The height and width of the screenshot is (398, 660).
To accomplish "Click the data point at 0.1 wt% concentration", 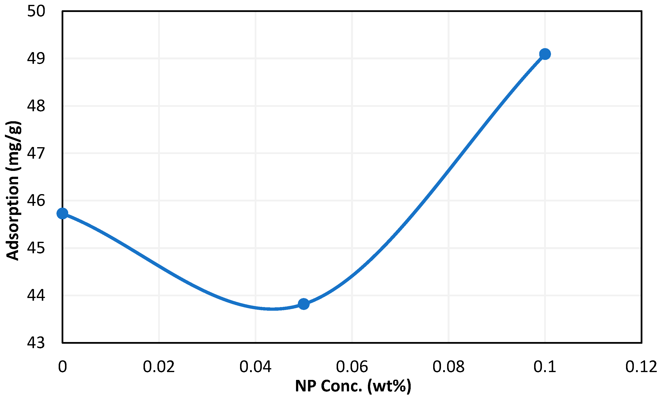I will coord(545,54).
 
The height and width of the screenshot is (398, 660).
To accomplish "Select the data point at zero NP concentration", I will coord(62,213).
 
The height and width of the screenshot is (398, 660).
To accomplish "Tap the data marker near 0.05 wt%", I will coord(304,304).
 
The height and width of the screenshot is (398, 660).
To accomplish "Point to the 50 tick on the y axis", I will coord(36,11).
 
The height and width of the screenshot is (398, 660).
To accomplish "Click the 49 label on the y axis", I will coord(36,58).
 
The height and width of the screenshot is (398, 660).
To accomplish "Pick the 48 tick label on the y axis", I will coord(36,106).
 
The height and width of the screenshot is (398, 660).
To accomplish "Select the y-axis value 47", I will coord(36,153).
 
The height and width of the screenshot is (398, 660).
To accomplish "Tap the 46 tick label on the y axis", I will coord(36,201).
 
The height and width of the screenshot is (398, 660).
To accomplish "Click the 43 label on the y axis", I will coord(36,343).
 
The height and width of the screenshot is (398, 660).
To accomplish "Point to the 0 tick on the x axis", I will coord(62,367).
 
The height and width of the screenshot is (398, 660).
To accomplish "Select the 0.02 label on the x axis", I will coord(159,367).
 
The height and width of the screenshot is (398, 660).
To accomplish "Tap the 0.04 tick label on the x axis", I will coord(255,367).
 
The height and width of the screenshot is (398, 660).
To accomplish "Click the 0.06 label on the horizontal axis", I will coord(352,367).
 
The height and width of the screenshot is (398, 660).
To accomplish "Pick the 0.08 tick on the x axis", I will coord(448,367).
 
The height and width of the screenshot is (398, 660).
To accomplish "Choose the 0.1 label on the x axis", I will coord(545,367).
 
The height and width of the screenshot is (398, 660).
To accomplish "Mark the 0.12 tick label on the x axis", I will coord(641,367).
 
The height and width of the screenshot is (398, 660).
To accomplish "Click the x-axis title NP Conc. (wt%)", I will coord(353,386).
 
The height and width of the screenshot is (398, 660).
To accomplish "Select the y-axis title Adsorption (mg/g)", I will coord(13,190).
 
